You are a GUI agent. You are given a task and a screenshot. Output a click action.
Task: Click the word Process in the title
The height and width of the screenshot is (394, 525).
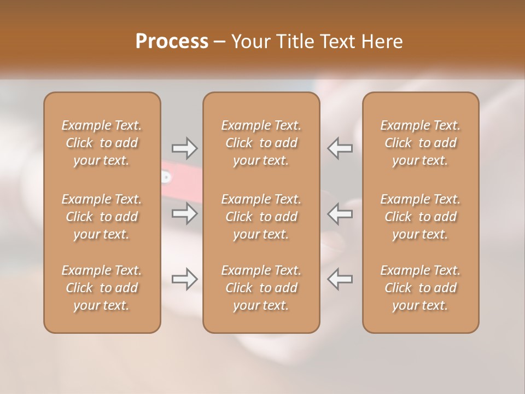(172, 42)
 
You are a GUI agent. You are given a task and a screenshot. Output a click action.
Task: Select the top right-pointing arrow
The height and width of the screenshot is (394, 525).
(184, 148)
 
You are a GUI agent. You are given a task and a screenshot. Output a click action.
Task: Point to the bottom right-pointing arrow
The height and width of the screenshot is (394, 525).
(184, 279)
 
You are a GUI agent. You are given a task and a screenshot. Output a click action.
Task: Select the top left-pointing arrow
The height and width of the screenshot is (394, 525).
(340, 148)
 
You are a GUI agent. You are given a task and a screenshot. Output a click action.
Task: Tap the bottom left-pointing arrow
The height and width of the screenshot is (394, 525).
(340, 279)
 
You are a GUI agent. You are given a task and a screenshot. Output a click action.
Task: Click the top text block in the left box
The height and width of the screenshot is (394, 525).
(102, 143)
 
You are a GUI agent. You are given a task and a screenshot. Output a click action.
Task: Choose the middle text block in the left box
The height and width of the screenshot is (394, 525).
(102, 217)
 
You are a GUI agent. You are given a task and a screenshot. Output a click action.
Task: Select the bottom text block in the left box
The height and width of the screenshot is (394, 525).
(102, 288)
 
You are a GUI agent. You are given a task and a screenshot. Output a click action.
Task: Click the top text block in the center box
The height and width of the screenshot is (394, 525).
(261, 143)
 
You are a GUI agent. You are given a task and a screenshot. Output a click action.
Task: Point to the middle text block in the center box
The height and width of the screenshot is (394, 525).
(261, 217)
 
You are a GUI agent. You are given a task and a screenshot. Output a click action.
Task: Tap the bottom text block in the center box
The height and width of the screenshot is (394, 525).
(261, 288)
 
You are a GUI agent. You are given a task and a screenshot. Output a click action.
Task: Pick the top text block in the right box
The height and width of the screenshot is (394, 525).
(421, 143)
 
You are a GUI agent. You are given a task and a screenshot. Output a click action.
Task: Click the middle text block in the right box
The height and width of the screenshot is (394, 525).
(421, 217)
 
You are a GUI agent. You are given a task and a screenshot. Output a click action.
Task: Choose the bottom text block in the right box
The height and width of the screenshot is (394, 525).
(421, 288)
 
